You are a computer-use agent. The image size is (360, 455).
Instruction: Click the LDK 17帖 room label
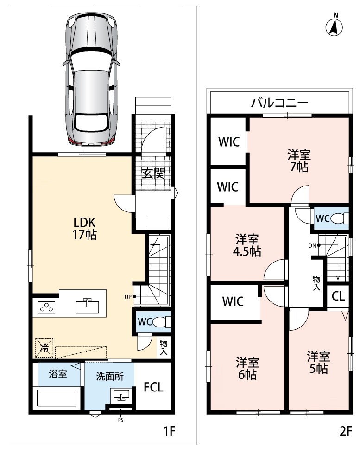pyautogui.click(x=85, y=228)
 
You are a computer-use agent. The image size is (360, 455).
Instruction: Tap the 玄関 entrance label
pyautogui.click(x=154, y=173)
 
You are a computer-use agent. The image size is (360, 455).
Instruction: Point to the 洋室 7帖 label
pyautogui.click(x=299, y=160)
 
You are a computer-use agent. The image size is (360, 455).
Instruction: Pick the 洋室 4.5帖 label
pyautogui.click(x=247, y=245)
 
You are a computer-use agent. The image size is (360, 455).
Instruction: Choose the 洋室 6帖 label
pyautogui.click(x=247, y=369)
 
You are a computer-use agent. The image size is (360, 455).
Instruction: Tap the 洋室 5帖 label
pyautogui.click(x=319, y=362)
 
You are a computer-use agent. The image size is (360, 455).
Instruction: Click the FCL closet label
pyautogui.click(x=154, y=387)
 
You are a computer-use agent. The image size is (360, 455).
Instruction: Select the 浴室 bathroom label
pyautogui.click(x=58, y=374)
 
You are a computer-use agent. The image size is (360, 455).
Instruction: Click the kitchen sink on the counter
pyautogui.click(x=87, y=306)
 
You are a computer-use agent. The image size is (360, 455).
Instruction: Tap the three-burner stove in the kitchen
pyautogui.click(x=47, y=307)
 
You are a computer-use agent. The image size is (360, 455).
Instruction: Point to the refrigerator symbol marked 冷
pyautogui.click(x=44, y=347)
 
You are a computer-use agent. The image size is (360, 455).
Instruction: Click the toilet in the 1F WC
pyautogui.click(x=161, y=322)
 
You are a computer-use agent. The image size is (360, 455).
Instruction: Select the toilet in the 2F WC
pyautogui.click(x=340, y=218)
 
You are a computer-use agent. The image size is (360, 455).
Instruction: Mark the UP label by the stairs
pyautogui.click(x=128, y=297)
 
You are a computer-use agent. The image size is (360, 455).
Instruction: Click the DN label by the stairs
pyautogui.click(x=312, y=245)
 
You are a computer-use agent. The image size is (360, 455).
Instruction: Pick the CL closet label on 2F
pyautogui.click(x=338, y=296)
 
